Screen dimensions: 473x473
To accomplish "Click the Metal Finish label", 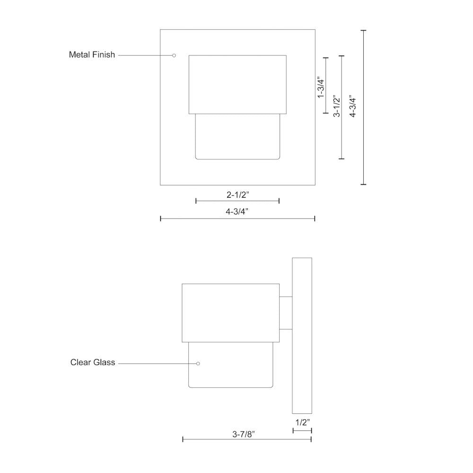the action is pos(92,54).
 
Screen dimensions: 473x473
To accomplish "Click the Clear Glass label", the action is pos(93,362).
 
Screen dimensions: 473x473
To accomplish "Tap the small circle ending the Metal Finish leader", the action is pos(174,55).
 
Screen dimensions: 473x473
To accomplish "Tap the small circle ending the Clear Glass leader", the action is pos(198,363).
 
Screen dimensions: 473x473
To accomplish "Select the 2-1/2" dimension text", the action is pos(238,194).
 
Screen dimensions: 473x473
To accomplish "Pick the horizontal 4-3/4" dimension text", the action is pos(237,211).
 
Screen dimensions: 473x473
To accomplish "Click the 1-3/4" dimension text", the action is pos(320,87).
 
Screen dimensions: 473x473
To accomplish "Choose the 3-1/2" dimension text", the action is pos(336,106).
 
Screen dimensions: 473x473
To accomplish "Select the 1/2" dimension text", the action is pos(303,422).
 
